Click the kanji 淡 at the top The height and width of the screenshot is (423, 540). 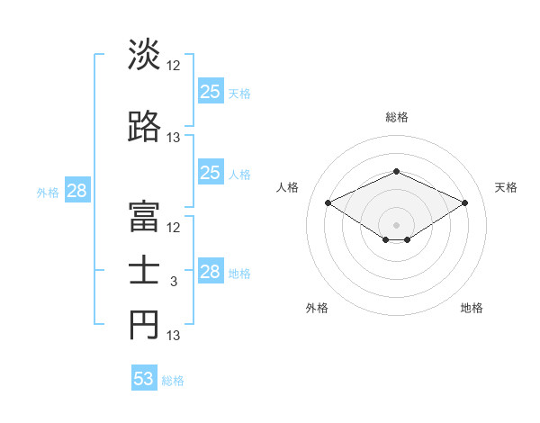(x=144, y=55)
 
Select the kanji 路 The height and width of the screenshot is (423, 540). (x=144, y=127)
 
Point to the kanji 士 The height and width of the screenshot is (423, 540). (x=144, y=272)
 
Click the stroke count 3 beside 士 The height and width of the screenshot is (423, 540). (x=174, y=282)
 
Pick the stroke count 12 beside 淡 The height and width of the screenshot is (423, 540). (x=174, y=66)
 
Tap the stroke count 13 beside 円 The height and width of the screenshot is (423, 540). (x=174, y=336)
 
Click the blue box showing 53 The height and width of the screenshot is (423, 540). (x=144, y=379)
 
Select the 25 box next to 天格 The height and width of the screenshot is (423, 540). (x=211, y=92)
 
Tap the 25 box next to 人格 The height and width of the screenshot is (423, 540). (x=211, y=173)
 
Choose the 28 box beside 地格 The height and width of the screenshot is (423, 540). (x=211, y=272)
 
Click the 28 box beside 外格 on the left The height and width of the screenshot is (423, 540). (x=76, y=191)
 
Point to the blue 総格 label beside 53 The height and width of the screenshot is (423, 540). (x=173, y=381)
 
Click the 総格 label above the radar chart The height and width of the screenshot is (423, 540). (x=396, y=117)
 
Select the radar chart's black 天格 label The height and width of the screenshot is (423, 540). (x=506, y=187)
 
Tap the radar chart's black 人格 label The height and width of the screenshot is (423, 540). (x=288, y=187)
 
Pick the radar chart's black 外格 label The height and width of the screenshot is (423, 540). (x=317, y=308)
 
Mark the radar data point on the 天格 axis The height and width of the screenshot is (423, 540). (x=464, y=202)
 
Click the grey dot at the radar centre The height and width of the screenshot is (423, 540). (x=396, y=224)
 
